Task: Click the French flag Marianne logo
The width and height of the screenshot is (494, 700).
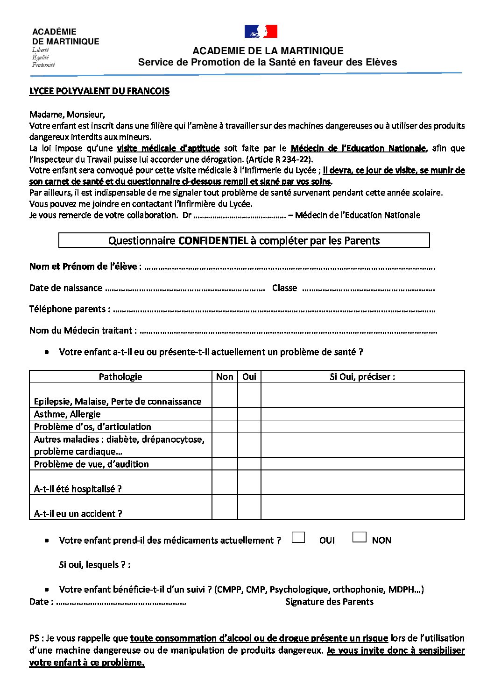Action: click(261, 31)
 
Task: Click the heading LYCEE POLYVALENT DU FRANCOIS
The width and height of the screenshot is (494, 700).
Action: click(99, 91)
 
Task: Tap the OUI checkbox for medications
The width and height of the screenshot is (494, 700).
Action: click(298, 538)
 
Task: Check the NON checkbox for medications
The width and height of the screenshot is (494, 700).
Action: click(359, 537)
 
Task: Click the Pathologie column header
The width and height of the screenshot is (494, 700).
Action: click(120, 377)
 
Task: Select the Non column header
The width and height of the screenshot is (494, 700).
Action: click(225, 377)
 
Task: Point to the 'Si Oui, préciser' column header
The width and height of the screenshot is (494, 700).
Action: click(362, 377)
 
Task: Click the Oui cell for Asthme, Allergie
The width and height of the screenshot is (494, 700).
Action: click(249, 414)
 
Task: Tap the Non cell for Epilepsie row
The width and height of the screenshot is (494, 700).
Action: click(225, 396)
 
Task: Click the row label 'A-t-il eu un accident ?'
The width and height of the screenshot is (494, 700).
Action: click(78, 513)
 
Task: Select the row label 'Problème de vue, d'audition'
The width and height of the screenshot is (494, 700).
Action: click(91, 464)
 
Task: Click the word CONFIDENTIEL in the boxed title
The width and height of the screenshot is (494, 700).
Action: click(213, 241)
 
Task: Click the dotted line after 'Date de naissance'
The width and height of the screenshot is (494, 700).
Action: click(185, 289)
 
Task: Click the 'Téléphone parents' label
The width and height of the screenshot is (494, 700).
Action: click(70, 309)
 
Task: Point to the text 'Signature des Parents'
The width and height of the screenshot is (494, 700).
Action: click(329, 602)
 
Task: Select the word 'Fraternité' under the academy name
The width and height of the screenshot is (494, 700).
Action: click(43, 65)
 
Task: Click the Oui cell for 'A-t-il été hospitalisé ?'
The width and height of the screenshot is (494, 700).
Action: click(249, 483)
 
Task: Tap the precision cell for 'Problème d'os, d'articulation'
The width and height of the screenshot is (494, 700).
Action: click(362, 426)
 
